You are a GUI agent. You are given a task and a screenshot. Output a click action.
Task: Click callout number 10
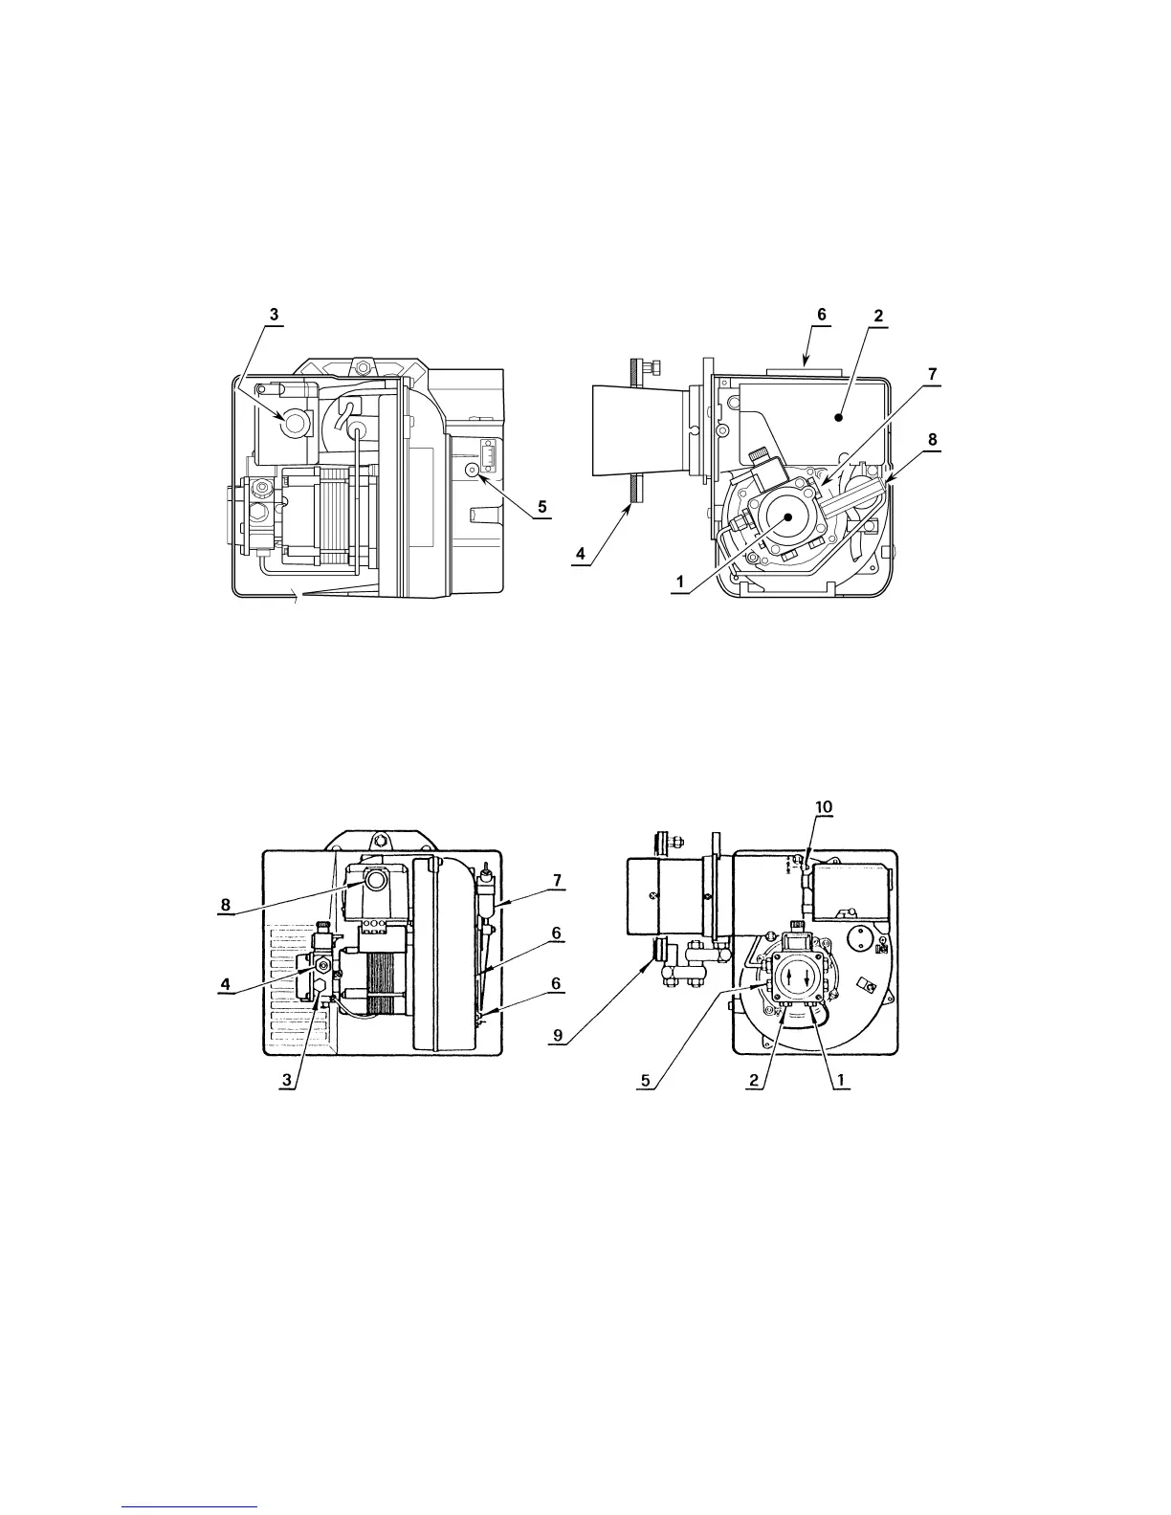(824, 807)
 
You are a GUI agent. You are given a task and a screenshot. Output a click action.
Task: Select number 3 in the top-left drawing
(274, 314)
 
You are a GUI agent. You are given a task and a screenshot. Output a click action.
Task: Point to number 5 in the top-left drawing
(542, 506)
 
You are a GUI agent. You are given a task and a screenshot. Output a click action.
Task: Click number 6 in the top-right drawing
(822, 314)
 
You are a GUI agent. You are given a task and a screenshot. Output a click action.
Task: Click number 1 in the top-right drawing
(680, 581)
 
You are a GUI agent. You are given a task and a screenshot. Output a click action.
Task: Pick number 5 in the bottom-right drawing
(647, 1082)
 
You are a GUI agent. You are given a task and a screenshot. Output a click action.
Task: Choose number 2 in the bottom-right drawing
(755, 1080)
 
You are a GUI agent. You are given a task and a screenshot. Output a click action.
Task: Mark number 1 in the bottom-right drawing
(839, 1080)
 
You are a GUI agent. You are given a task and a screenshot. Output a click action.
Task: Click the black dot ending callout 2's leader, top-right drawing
(838, 417)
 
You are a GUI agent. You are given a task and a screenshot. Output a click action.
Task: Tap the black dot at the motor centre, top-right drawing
(788, 516)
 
